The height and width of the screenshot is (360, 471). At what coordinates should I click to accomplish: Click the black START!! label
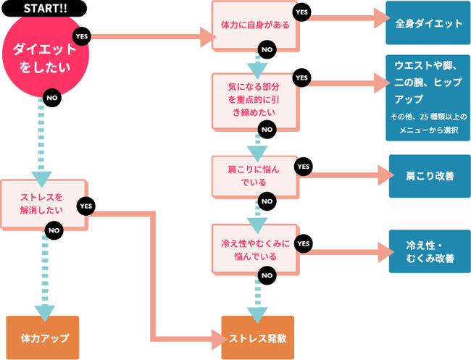46,8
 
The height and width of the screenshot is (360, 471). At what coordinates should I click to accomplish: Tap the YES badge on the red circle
81,35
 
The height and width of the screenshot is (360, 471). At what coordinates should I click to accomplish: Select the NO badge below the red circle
51,96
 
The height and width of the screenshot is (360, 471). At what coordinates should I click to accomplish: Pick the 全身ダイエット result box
428,23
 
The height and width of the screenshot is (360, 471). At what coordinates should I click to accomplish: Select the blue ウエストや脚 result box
428,99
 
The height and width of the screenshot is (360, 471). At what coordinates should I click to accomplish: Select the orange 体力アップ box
44,338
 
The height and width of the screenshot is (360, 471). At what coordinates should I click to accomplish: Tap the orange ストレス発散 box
257,338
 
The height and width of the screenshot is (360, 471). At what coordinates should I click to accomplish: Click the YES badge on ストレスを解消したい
86,206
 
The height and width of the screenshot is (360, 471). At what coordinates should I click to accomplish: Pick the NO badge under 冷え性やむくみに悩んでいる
267,275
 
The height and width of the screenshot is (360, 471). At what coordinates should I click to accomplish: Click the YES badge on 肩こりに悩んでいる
303,167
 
